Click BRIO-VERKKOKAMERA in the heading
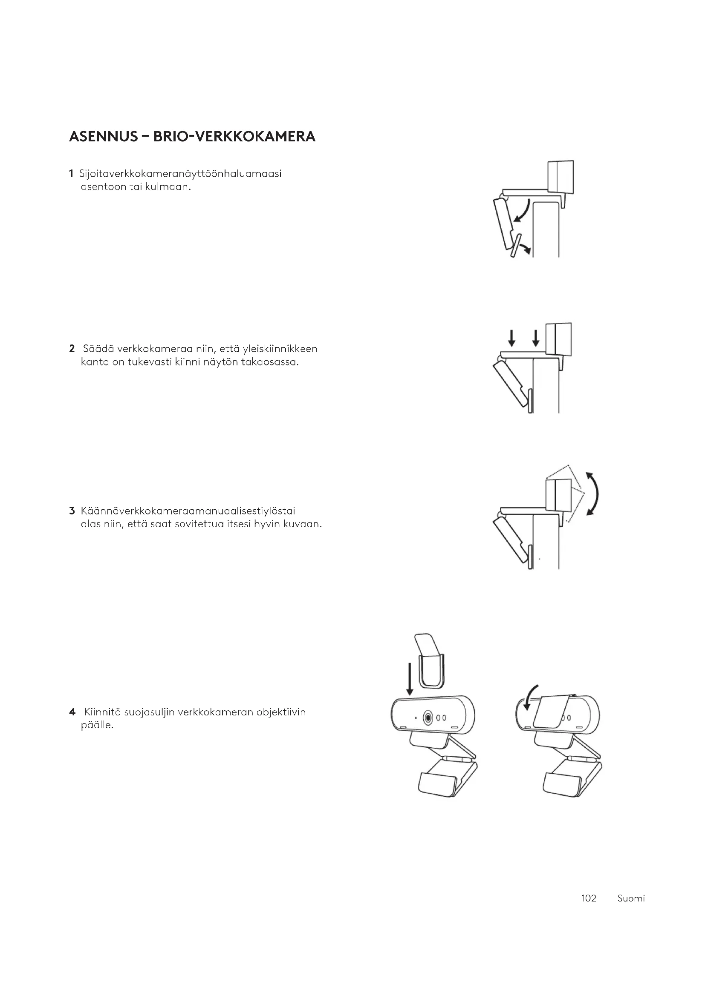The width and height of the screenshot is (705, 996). [x=234, y=137]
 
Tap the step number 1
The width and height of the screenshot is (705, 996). [x=71, y=174]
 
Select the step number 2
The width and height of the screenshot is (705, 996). [x=72, y=349]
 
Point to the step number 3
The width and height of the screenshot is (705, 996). [x=72, y=511]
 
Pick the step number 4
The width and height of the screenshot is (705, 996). [x=72, y=712]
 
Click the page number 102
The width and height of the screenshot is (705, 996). [x=589, y=898]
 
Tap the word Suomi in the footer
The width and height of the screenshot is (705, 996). [x=631, y=898]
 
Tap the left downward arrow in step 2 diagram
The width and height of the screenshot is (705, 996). [x=512, y=338]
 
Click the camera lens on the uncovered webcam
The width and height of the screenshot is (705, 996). [x=429, y=718]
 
